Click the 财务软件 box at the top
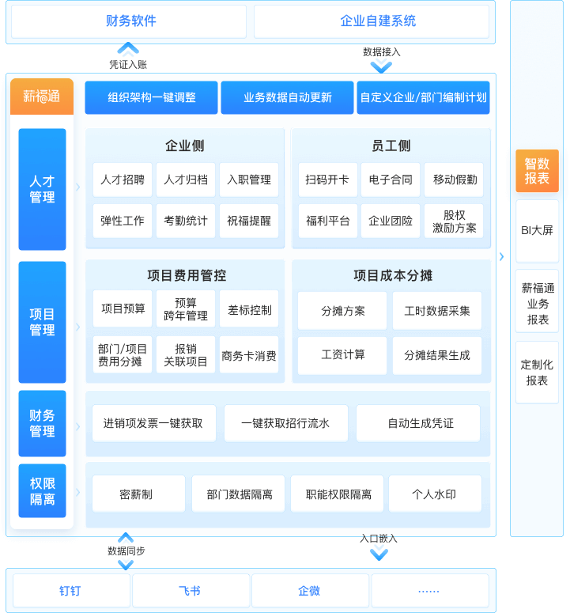(x=130, y=21)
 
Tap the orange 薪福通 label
(x=42, y=96)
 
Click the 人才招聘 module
(x=123, y=180)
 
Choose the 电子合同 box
(x=391, y=180)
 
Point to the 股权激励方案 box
(x=454, y=221)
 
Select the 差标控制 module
(x=249, y=309)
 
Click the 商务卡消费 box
(x=249, y=356)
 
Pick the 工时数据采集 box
(x=437, y=311)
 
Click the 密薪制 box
(x=136, y=494)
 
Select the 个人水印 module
(x=434, y=494)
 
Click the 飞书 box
(x=190, y=591)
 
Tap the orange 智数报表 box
(x=537, y=171)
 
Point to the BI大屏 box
(x=537, y=231)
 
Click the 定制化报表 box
(x=537, y=373)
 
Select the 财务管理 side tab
(x=42, y=423)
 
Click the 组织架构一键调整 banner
(x=152, y=98)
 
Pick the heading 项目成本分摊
(x=392, y=276)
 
